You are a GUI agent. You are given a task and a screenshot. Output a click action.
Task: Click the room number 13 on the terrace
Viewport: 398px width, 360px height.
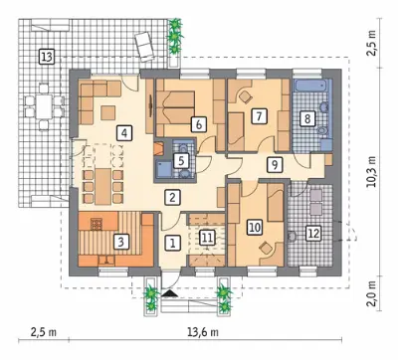(47, 57)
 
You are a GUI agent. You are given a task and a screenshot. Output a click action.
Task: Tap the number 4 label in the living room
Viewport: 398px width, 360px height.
(124, 133)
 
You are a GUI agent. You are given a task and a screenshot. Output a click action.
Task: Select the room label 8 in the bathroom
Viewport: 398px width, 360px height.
(307, 118)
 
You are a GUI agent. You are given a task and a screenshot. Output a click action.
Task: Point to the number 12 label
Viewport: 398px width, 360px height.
(313, 234)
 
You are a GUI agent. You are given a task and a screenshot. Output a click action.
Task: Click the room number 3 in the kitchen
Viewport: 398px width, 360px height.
(120, 242)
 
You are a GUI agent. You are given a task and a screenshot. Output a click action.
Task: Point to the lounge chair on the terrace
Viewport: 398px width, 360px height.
(144, 46)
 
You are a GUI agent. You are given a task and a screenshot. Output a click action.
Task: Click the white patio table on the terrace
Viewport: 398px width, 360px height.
(44, 106)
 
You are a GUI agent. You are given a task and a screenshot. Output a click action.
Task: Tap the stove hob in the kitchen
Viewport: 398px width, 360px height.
(97, 224)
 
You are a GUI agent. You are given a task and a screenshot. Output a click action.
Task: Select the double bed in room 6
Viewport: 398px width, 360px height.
(176, 107)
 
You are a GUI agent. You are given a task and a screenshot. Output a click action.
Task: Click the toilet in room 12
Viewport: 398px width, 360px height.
(292, 237)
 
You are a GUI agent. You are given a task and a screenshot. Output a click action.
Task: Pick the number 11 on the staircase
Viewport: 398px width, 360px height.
(207, 238)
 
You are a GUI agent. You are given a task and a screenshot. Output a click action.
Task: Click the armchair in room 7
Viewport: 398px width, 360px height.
(245, 95)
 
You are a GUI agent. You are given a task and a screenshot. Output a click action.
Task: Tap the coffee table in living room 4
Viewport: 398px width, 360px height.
(107, 112)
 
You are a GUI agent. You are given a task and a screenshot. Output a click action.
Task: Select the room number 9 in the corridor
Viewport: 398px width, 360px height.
(275, 164)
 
